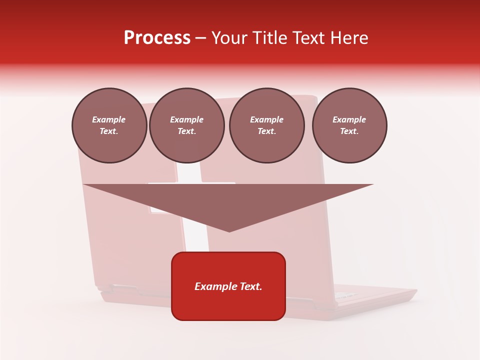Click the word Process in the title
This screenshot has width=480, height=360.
point(157,38)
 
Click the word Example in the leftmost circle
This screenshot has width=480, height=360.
point(109,119)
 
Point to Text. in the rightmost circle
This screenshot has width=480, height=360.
point(349,131)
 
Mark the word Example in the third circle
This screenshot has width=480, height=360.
point(266,119)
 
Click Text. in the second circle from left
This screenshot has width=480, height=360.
point(186,131)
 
